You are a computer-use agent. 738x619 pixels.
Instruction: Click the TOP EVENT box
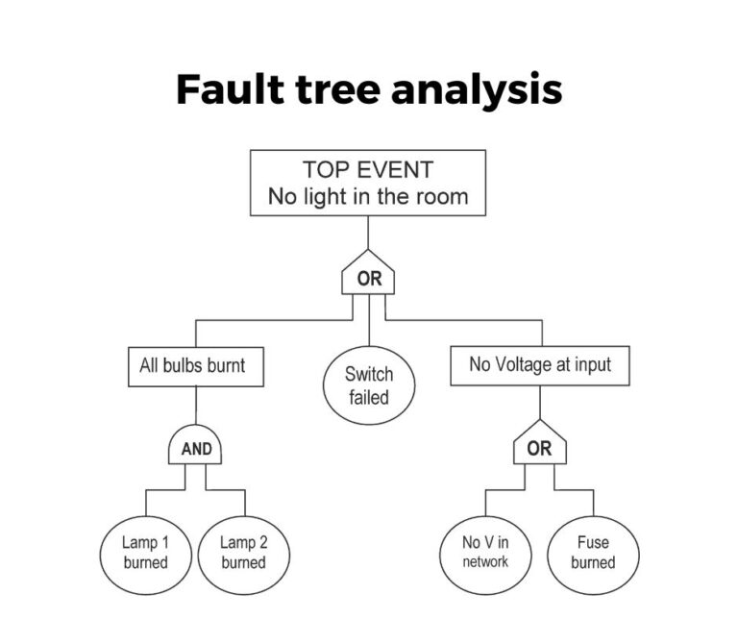pyautogui.click(x=368, y=183)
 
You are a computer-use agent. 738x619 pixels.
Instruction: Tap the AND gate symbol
pyautogui.click(x=196, y=447)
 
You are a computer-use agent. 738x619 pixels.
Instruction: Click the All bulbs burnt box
pyautogui.click(x=196, y=366)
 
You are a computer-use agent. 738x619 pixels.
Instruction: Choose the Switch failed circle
pyautogui.click(x=368, y=384)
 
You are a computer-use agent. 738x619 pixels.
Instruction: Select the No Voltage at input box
pyautogui.click(x=539, y=365)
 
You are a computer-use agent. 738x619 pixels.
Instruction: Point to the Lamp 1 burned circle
pyautogui.click(x=145, y=552)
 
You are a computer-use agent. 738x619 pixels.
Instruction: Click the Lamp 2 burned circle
pyautogui.click(x=243, y=552)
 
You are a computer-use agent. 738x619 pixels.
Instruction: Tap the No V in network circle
pyautogui.click(x=485, y=552)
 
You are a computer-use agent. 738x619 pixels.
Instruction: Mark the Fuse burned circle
pyautogui.click(x=593, y=552)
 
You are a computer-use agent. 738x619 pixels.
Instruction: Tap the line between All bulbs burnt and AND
pyautogui.click(x=196, y=408)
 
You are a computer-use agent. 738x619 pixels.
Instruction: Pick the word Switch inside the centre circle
pyautogui.click(x=368, y=374)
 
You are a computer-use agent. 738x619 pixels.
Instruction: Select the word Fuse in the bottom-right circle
pyautogui.click(x=593, y=542)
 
